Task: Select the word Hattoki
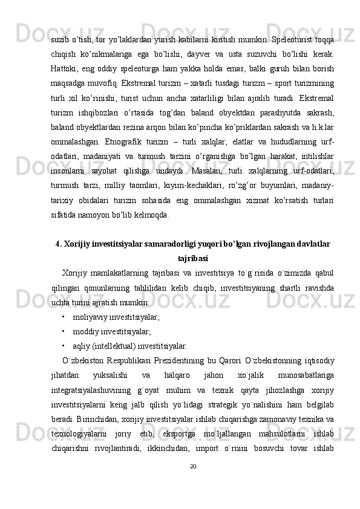point(66,62)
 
